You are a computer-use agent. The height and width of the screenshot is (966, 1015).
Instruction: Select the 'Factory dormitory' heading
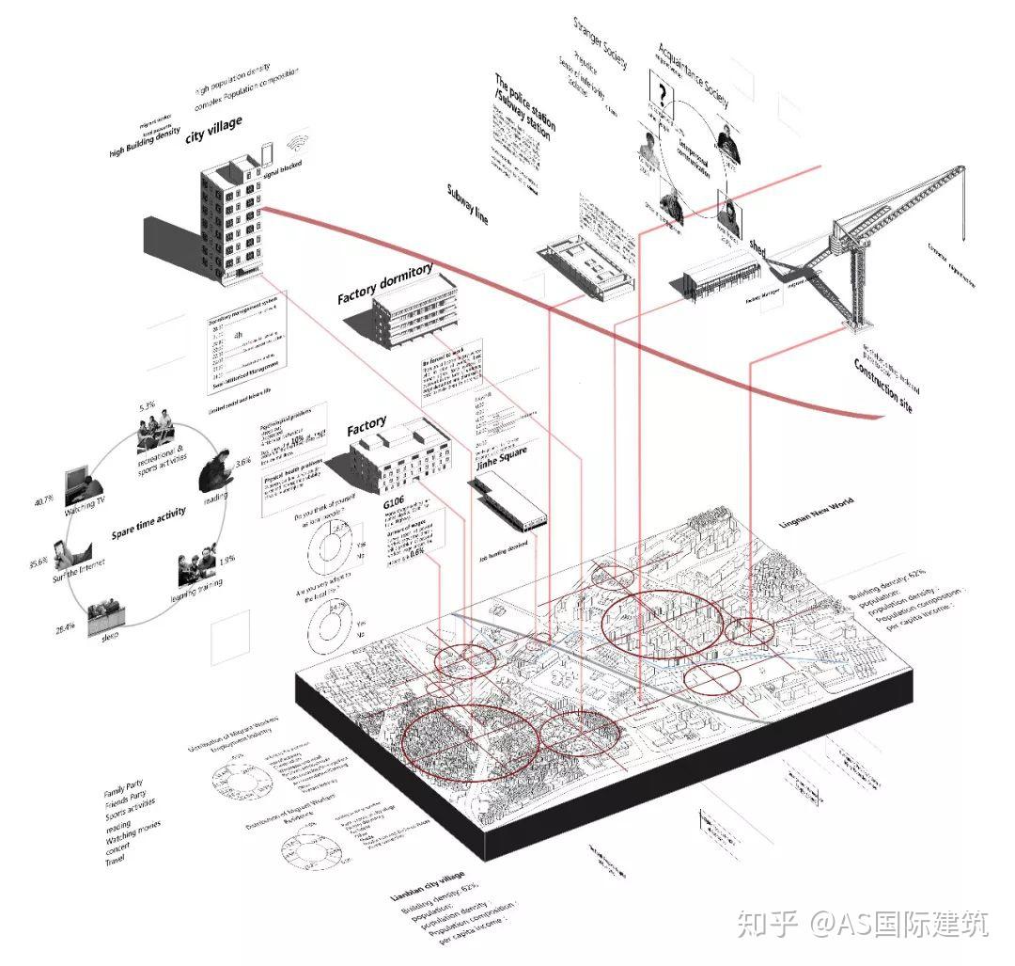click(385, 284)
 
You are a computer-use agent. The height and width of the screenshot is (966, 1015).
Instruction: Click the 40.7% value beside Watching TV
click(46, 500)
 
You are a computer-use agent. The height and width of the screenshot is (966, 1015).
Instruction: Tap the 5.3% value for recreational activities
click(147, 407)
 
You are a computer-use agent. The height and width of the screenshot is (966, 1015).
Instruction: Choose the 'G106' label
click(394, 505)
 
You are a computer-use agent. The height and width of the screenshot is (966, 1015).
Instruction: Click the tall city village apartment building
click(229, 221)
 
